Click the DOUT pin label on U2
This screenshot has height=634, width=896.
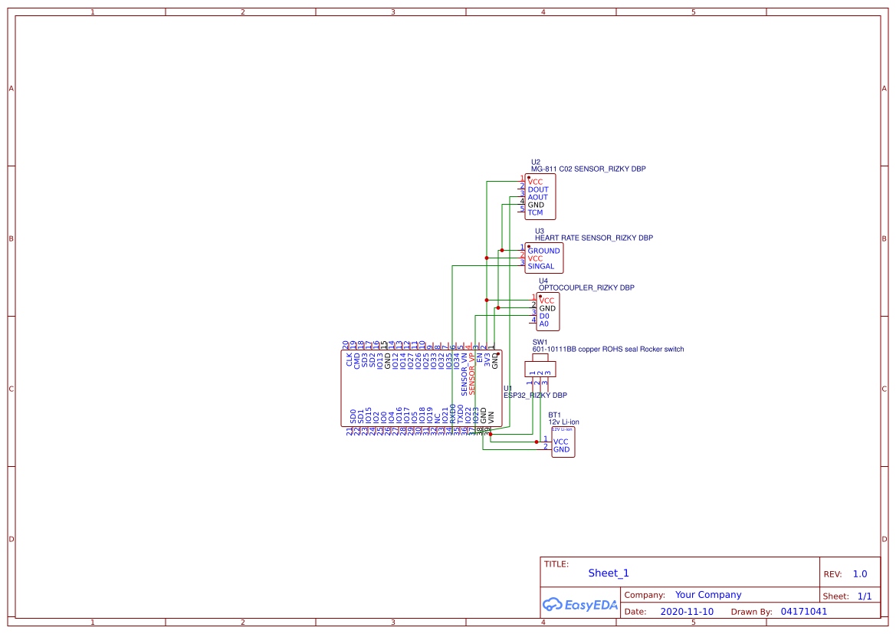(538, 189)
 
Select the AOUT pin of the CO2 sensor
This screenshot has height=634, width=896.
(538, 197)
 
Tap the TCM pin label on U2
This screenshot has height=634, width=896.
(535, 212)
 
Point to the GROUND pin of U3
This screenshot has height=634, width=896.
(543, 251)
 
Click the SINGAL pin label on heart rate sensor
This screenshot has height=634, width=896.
(540, 266)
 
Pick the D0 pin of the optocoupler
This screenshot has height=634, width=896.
(544, 316)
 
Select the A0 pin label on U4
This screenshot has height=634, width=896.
(544, 324)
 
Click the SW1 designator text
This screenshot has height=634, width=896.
(540, 342)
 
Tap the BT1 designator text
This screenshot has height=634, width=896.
(554, 415)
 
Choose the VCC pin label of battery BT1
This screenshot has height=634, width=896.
(561, 442)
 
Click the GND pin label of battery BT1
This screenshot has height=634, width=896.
(561, 449)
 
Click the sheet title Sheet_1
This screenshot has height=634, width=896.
(609, 573)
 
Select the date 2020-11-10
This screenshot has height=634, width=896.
(687, 612)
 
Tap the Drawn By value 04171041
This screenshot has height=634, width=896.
(804, 612)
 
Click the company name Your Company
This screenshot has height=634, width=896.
(708, 595)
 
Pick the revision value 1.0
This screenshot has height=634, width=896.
(860, 574)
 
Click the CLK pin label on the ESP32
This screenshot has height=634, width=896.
(350, 359)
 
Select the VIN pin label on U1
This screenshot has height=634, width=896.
(491, 418)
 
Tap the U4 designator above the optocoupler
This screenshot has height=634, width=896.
(543, 281)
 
